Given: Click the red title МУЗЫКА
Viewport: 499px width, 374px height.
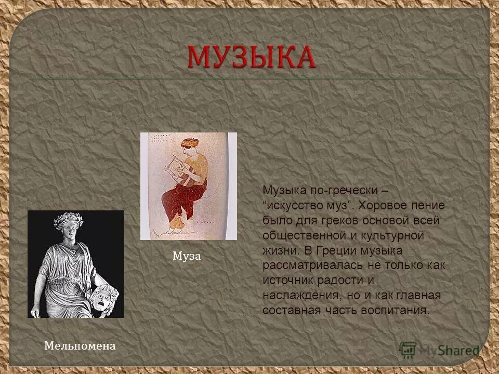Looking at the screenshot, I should click(x=251, y=57).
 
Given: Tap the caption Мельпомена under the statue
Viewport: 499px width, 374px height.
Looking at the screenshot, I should click(x=80, y=345).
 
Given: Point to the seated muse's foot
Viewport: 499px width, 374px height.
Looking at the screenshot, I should click(x=176, y=224).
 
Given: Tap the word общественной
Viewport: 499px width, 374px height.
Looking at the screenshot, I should click(x=299, y=235).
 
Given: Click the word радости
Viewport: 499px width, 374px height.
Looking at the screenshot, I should click(x=342, y=280).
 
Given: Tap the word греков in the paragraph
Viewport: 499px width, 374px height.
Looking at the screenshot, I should click(x=333, y=220).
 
